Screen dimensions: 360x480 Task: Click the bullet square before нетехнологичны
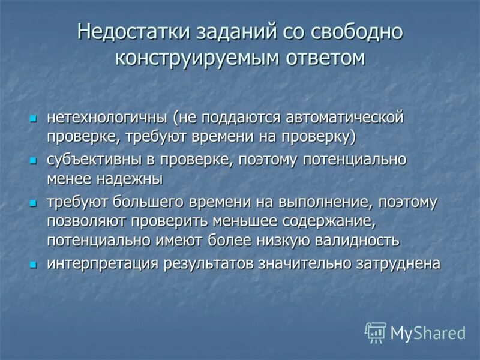[34, 118]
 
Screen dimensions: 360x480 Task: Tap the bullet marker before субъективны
[34, 161]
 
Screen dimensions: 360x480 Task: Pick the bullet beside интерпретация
[34, 265]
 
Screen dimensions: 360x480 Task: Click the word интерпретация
[98, 263]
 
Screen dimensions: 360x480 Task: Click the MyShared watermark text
[428, 332]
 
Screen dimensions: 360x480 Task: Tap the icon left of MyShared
[376, 332]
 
